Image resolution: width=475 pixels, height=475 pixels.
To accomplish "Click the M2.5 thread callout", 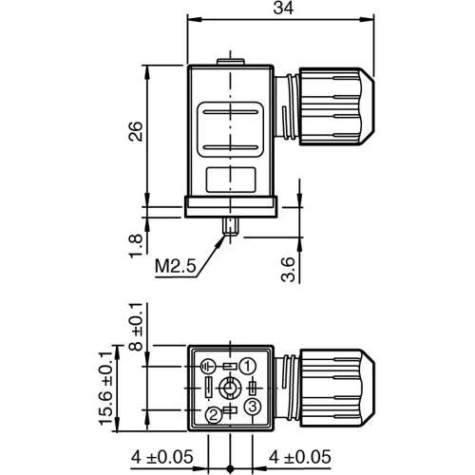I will pos(176,268).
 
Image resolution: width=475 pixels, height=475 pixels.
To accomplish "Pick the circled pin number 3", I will pos(253,407).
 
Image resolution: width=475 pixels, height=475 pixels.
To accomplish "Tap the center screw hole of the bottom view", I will pos(229,389).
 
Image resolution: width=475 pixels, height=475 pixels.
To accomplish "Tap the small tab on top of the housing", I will pos(229,64).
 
